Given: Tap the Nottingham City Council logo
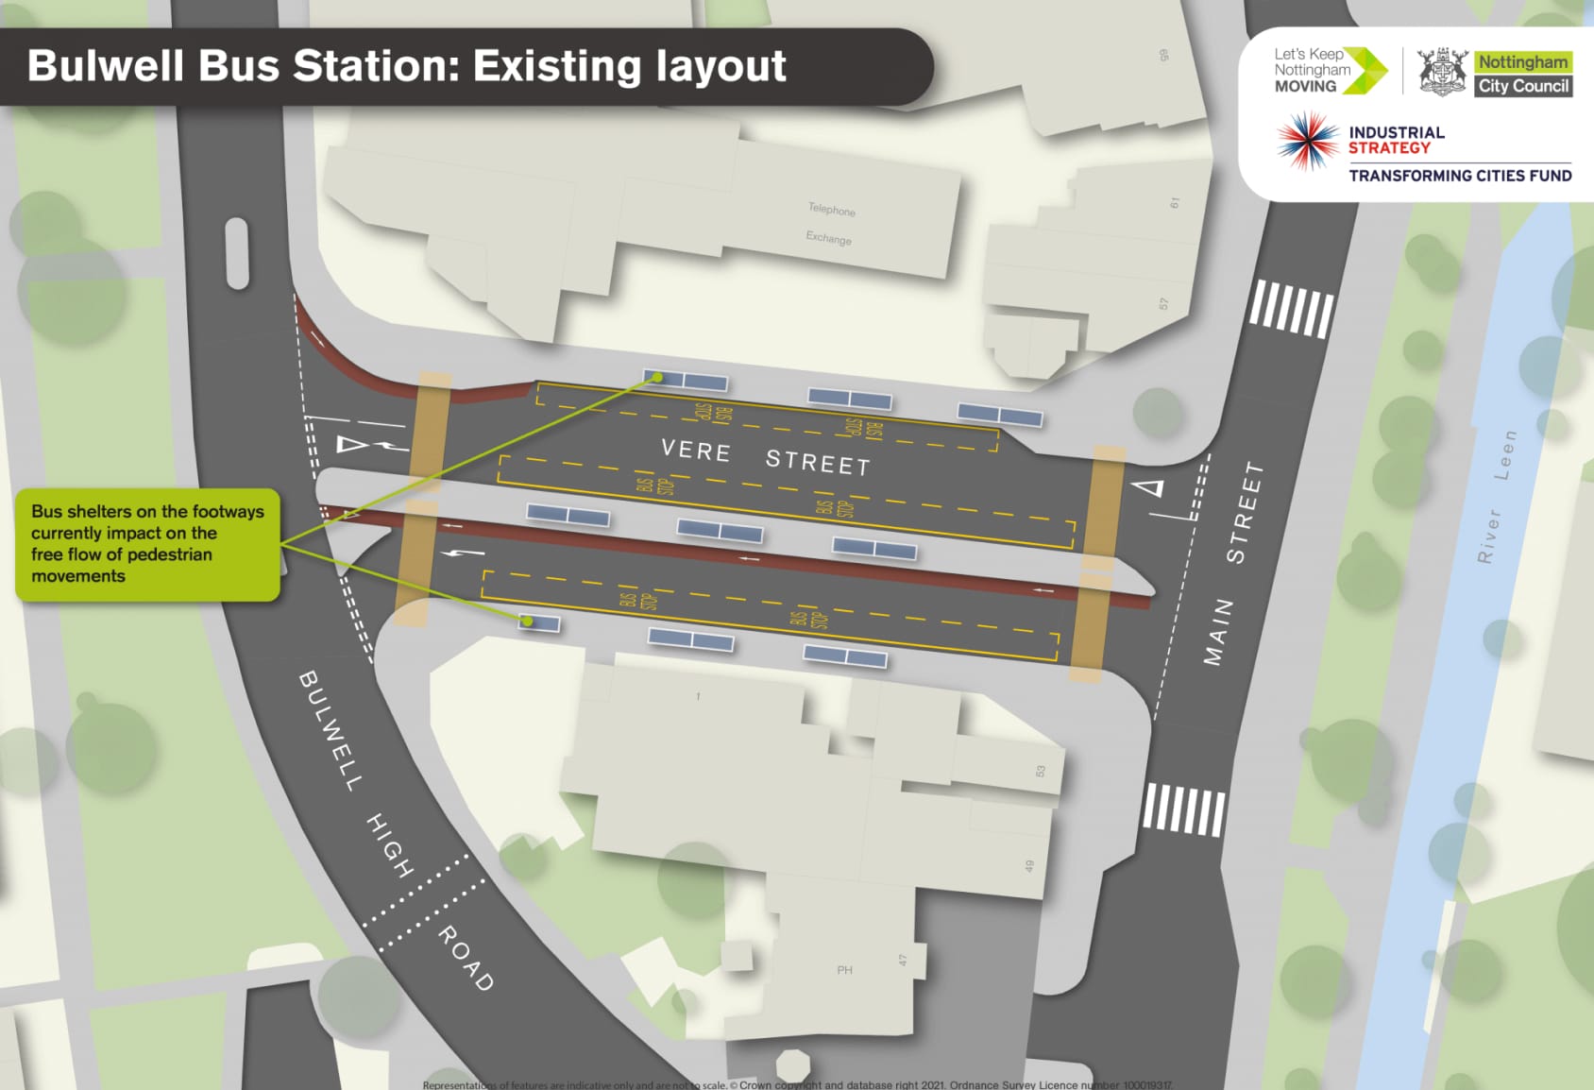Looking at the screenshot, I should point(1495,73).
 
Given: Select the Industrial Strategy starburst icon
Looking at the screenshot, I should point(1307,141).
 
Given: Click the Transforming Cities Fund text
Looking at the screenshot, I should point(1460,176).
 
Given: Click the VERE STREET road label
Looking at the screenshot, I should point(765,456).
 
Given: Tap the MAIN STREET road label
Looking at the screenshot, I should point(1233,563).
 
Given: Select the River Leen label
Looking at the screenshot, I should point(1498,496).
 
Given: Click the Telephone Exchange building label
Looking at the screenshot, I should point(830,224).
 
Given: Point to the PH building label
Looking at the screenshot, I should point(844,970).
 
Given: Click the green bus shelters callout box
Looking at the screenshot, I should point(147,544).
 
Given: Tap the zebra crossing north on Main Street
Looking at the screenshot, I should point(1291,308).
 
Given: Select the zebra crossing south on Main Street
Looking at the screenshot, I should point(1183,809).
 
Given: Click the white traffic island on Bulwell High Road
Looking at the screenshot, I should point(237,253).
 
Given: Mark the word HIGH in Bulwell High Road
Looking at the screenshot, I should point(389,844).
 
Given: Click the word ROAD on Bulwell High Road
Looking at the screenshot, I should point(466,958).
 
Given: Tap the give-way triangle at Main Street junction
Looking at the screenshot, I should point(1149,488).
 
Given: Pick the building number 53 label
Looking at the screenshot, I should point(1041,771).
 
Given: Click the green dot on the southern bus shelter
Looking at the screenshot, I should point(528,622).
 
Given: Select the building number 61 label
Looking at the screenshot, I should point(1175,202).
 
